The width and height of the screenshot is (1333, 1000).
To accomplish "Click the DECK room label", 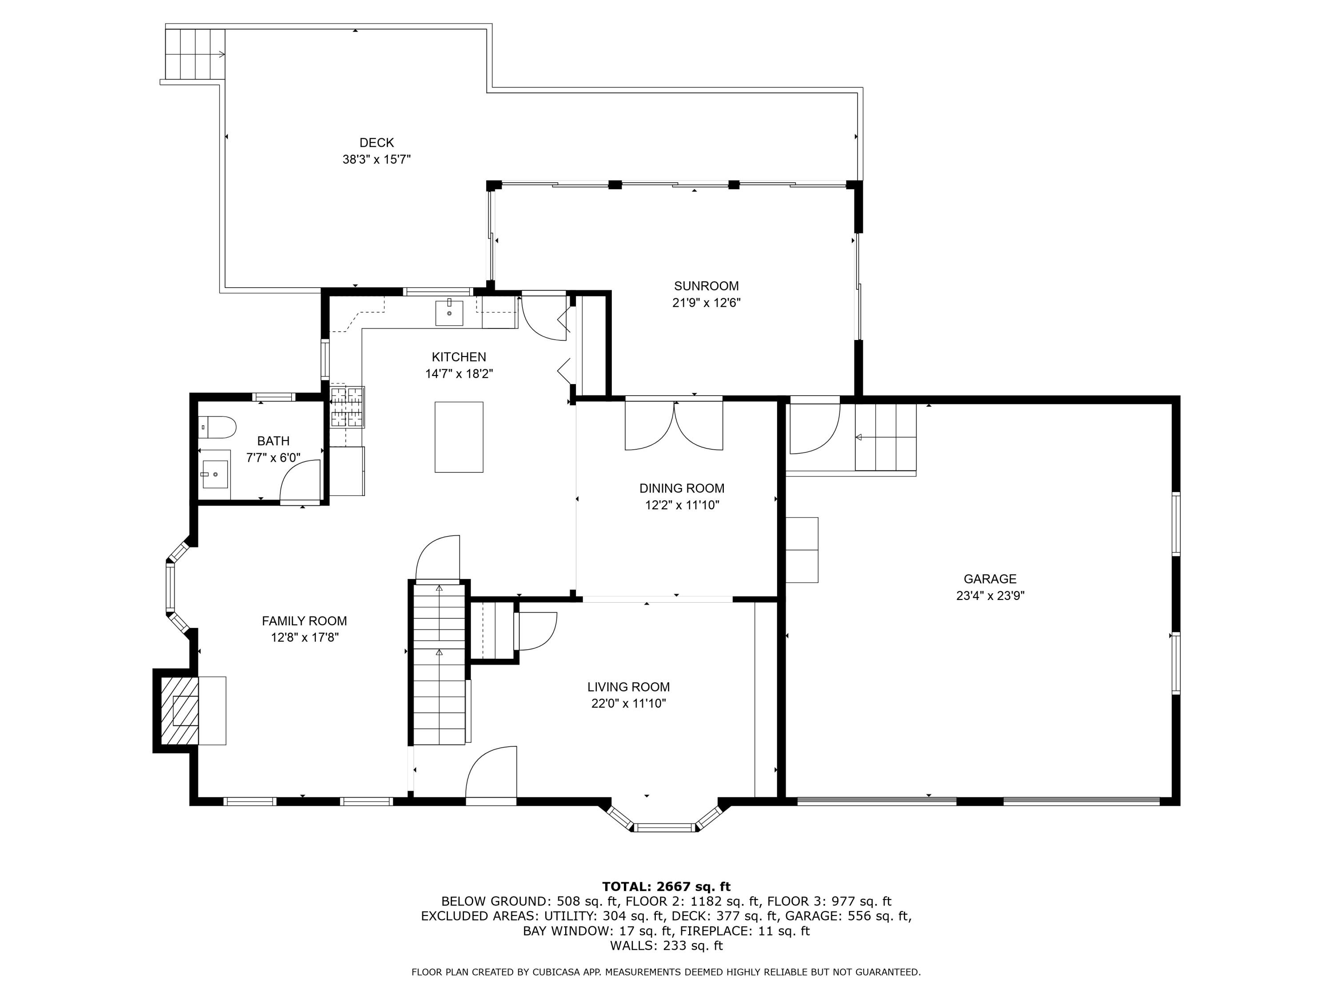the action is pos(377,143).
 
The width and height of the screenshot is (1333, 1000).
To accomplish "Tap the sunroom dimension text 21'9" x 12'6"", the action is pos(706,303).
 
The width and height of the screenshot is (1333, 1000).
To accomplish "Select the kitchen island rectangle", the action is pos(459,437).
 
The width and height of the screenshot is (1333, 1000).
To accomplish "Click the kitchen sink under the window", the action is pos(449,313).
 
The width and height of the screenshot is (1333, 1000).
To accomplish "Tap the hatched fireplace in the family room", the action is pos(180,711).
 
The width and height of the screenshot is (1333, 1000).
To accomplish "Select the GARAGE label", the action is pos(990,579).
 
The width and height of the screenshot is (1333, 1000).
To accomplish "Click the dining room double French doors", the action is pos(674,425).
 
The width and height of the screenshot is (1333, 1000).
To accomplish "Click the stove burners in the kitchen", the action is pos(347,407).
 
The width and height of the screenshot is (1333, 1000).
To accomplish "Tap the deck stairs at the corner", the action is pos(195,55).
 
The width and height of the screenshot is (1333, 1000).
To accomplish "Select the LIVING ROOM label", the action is pos(629,687).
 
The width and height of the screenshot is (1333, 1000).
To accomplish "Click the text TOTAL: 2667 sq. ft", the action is pos(666,887).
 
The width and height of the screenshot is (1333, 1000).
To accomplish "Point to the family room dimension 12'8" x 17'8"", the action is pos(305,638).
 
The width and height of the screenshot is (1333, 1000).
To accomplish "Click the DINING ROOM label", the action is pos(682,488).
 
